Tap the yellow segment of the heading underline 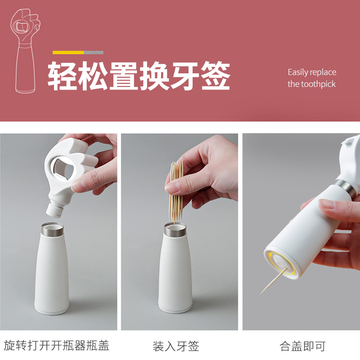[68, 53]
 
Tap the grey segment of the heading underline [94, 53]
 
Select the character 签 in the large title [216, 76]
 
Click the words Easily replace [312, 72]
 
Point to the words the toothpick [311, 84]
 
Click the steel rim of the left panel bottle [52, 229]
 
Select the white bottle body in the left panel [52, 273]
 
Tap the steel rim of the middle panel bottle [175, 230]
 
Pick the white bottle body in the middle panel [175, 273]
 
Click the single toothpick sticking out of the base [274, 281]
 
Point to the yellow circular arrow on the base [282, 264]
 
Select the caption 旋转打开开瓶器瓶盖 [57, 346]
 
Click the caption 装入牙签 [176, 346]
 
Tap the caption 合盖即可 [302, 346]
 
